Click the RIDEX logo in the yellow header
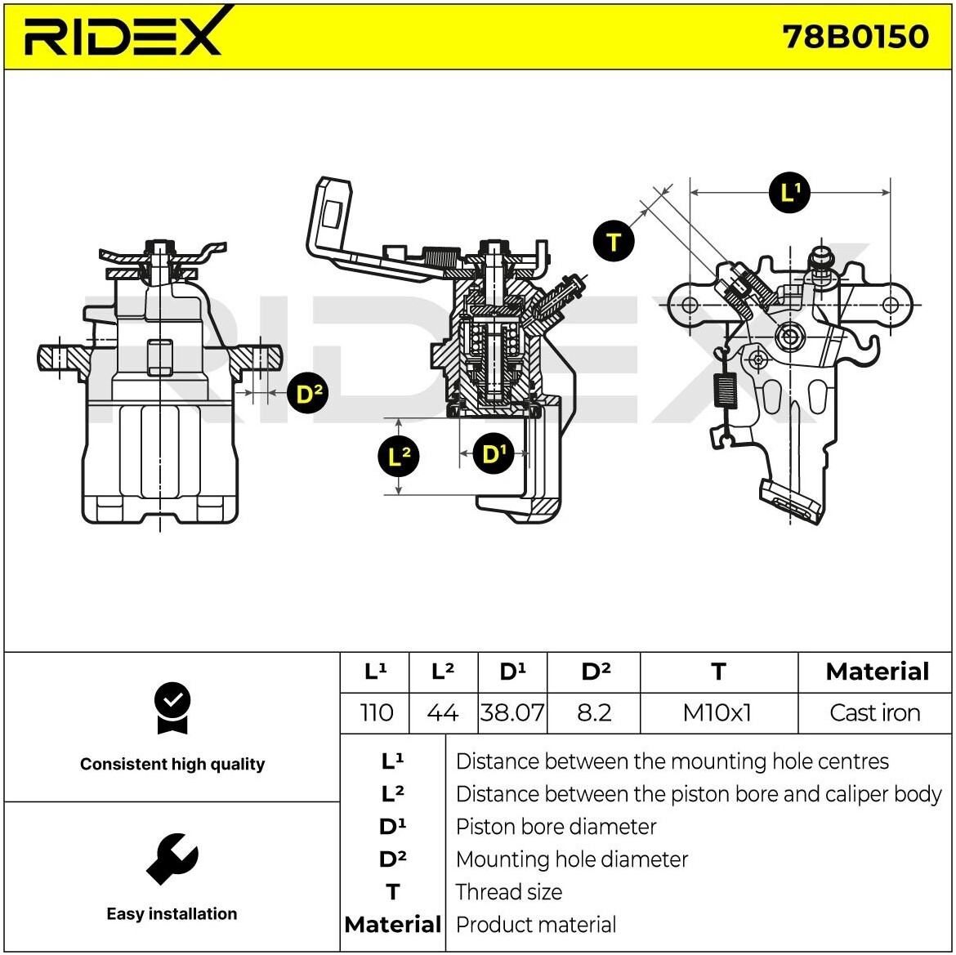[x=123, y=34]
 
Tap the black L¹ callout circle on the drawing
[x=789, y=193]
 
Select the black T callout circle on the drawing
[x=614, y=242]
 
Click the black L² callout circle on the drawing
[x=398, y=456]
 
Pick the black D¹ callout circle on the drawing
[x=492, y=454]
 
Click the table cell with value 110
[x=376, y=712]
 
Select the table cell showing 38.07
[x=512, y=712]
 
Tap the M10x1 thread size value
[x=717, y=712]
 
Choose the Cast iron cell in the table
[x=874, y=712]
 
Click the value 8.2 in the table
[x=594, y=712]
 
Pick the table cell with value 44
[x=442, y=712]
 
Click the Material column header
[x=877, y=672]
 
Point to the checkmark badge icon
[x=172, y=707]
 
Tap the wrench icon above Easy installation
[x=172, y=858]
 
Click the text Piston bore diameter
[x=556, y=827]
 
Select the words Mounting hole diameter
[x=571, y=859]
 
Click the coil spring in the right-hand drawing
[x=724, y=390]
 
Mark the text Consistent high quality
[x=172, y=765]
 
